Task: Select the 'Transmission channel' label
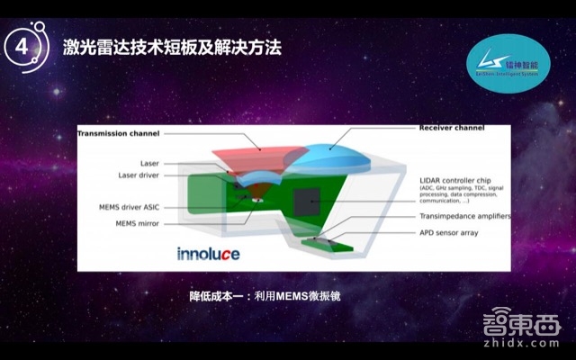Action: pyautogui.click(x=118, y=133)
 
